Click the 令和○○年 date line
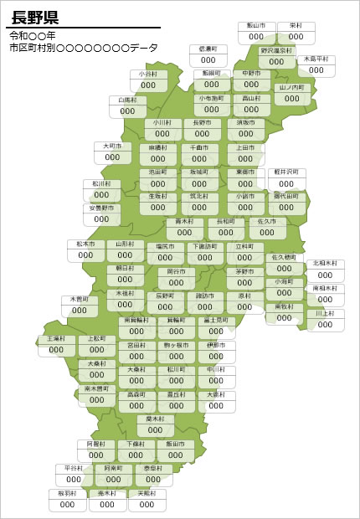[x=33, y=36]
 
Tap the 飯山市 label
[x=256, y=26]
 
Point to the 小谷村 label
[x=148, y=75]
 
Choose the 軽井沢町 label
[x=286, y=172]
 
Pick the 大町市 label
[x=112, y=146]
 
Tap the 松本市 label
[x=85, y=245]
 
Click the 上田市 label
[x=245, y=147]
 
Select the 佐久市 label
[x=267, y=222]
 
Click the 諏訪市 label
[x=205, y=296]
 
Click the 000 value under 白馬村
[x=127, y=111]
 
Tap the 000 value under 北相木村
[x=327, y=275]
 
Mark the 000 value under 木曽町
[x=80, y=310]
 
